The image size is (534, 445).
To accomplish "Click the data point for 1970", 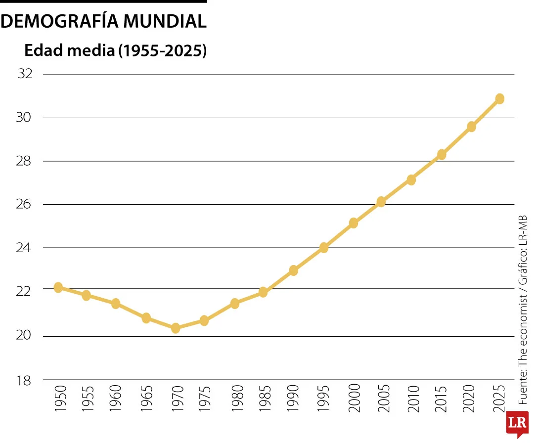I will pos(176,328).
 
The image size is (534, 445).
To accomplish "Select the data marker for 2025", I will pos(499,98).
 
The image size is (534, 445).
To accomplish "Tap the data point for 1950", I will pos(58,287).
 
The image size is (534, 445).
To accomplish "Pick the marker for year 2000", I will pos(353,223).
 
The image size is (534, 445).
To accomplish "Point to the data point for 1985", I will pos(263,292).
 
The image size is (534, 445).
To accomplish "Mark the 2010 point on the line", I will pos(411,180).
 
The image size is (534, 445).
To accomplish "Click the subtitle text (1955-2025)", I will pos(162,50).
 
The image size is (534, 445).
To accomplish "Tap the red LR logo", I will pos(517,424).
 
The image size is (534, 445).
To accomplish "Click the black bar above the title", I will pos(103,1).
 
